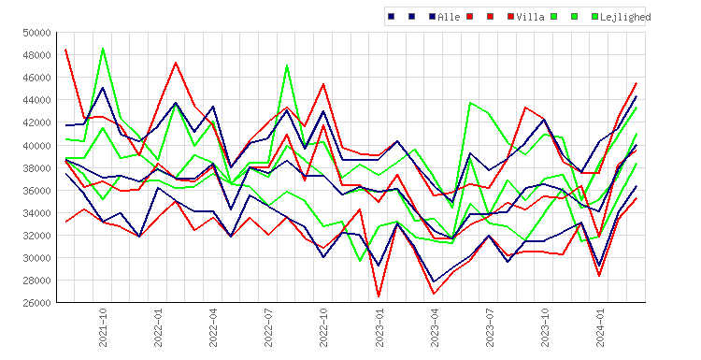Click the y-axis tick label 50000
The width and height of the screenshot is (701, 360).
pos(36,33)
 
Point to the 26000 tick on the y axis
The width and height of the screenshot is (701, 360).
pos(36,303)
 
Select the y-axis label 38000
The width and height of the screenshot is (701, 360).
pos(36,167)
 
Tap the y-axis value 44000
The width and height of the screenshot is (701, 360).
pos(36,100)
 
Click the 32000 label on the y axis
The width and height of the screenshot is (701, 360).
pos(36,236)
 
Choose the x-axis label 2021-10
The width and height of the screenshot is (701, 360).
pos(103,327)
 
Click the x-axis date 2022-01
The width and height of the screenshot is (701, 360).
pos(158,327)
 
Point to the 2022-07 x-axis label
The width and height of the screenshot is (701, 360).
pos(268,327)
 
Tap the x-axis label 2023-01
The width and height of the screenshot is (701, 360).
pos(379,327)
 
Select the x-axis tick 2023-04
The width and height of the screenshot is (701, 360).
pos(434,327)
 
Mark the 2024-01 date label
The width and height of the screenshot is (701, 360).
pos(600,327)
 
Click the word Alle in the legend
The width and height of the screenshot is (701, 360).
pos(449,17)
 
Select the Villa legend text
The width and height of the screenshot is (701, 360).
pos(530,17)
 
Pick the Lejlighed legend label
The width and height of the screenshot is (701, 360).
pos(625,17)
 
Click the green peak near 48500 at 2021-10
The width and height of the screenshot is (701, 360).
pos(103,49)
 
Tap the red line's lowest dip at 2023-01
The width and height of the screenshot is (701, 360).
pos(379,296)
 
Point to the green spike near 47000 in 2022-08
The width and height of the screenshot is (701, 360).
pos(287,65)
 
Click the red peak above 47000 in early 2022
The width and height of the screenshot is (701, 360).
pos(176,63)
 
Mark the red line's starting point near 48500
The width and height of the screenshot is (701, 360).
pos(66,50)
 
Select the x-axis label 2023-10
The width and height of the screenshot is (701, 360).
pos(545,327)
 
